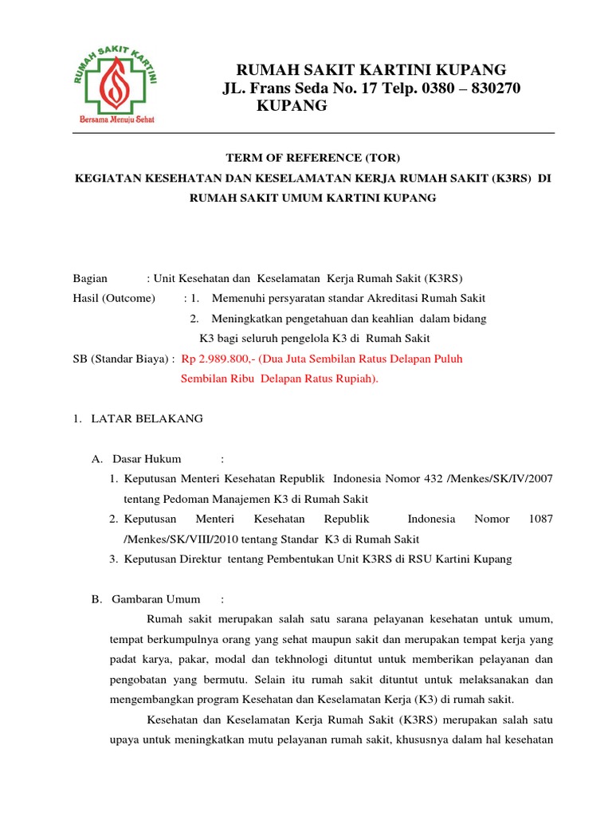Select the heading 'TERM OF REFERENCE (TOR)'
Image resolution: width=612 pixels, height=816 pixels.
tap(312, 159)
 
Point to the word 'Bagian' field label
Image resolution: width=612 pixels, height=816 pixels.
tap(89, 278)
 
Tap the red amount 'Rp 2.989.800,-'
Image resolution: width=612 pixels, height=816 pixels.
tap(218, 359)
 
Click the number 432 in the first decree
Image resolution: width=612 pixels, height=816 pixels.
tap(434, 478)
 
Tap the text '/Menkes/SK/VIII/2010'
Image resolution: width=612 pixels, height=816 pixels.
tap(175, 539)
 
